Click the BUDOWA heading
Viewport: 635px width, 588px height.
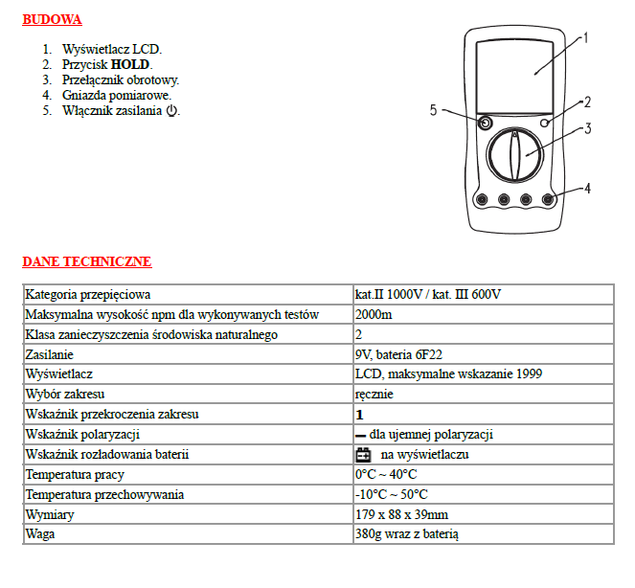[x=52, y=20]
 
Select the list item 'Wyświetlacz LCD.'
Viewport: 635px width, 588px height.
[x=112, y=49]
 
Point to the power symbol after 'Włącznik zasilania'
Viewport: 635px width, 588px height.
[x=171, y=111]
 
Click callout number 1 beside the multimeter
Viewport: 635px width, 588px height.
[x=585, y=39]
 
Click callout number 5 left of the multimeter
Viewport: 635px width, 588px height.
[x=434, y=111]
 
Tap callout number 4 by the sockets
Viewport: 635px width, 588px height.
[x=587, y=189]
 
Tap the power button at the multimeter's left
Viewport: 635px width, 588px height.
[x=486, y=124]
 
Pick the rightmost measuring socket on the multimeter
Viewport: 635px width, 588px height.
[x=548, y=199]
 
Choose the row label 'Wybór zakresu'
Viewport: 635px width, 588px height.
[x=64, y=395]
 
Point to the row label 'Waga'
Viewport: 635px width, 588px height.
[x=39, y=534]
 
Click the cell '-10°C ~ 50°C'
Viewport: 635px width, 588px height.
[x=391, y=494]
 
